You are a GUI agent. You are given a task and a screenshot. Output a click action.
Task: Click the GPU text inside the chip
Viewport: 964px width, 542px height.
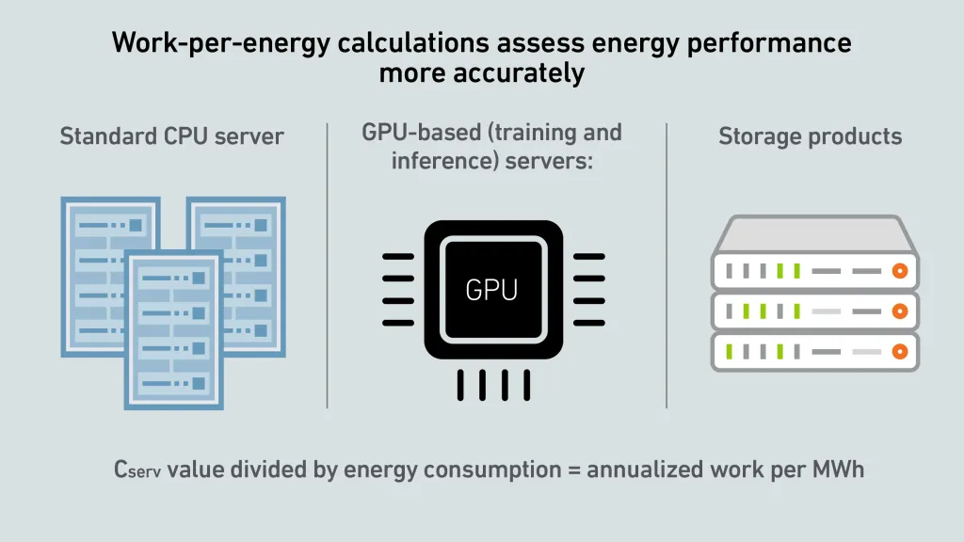[491, 290]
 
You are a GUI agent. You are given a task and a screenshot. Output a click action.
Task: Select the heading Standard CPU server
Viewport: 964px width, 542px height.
[171, 135]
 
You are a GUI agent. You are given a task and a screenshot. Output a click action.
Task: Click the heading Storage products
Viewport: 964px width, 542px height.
[811, 136]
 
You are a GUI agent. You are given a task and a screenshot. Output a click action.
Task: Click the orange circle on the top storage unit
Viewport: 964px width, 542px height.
[900, 271]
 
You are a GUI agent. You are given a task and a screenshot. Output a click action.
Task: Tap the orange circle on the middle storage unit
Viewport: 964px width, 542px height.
[900, 311]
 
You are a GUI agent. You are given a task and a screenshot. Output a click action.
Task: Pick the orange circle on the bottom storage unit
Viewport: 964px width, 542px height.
[900, 352]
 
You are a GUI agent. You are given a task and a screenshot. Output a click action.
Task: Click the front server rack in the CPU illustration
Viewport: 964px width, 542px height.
[174, 330]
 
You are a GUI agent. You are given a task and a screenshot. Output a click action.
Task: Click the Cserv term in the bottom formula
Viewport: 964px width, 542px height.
[137, 470]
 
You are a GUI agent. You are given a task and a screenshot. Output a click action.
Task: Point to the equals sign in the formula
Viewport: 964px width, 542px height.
[574, 470]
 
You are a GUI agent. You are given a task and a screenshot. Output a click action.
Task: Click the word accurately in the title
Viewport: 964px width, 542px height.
[519, 73]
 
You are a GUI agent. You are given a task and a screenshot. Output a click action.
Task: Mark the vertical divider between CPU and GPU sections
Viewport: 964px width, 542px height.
[327, 265]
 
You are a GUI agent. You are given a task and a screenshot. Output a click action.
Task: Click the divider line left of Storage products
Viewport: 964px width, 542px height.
[667, 265]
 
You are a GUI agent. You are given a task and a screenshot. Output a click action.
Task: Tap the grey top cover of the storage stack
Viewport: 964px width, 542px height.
[814, 234]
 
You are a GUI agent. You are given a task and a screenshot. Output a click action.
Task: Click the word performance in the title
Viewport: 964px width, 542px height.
[769, 43]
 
